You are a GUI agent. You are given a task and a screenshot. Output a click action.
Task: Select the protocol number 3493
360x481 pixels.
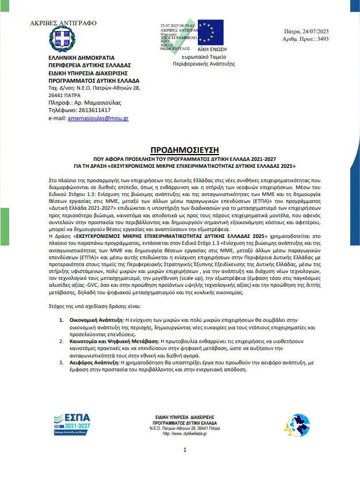point(323,39)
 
